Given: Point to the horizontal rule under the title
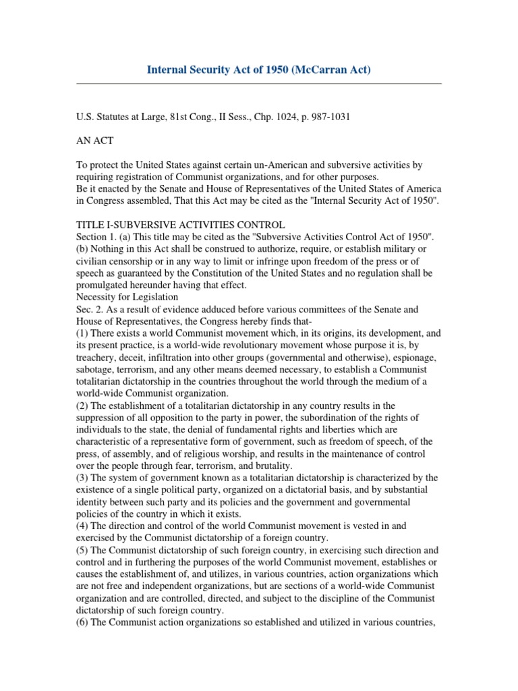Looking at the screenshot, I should (258, 84).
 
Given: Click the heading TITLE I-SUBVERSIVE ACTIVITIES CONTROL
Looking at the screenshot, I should (180, 224).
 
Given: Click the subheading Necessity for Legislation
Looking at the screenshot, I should (127, 297).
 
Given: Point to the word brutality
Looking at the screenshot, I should (272, 466).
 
